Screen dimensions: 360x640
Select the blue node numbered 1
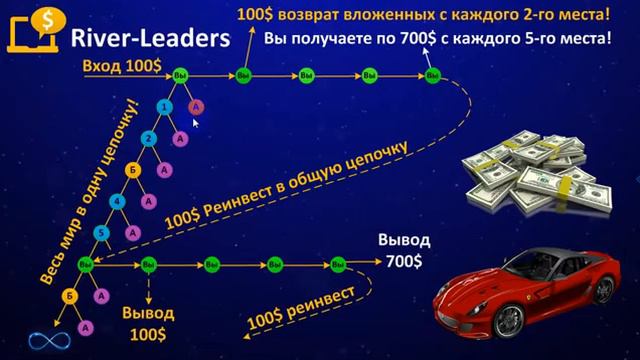coord(164,105)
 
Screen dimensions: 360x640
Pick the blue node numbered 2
coord(148,137)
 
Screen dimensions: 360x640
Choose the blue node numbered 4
coord(116,201)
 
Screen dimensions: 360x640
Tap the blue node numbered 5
coord(100,233)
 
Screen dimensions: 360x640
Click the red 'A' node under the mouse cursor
coord(196,106)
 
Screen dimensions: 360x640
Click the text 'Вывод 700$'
coord(405,251)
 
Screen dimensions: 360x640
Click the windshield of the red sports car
coord(520,262)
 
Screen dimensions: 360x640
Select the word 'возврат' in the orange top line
coord(336,15)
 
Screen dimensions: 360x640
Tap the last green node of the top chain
coord(432,76)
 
